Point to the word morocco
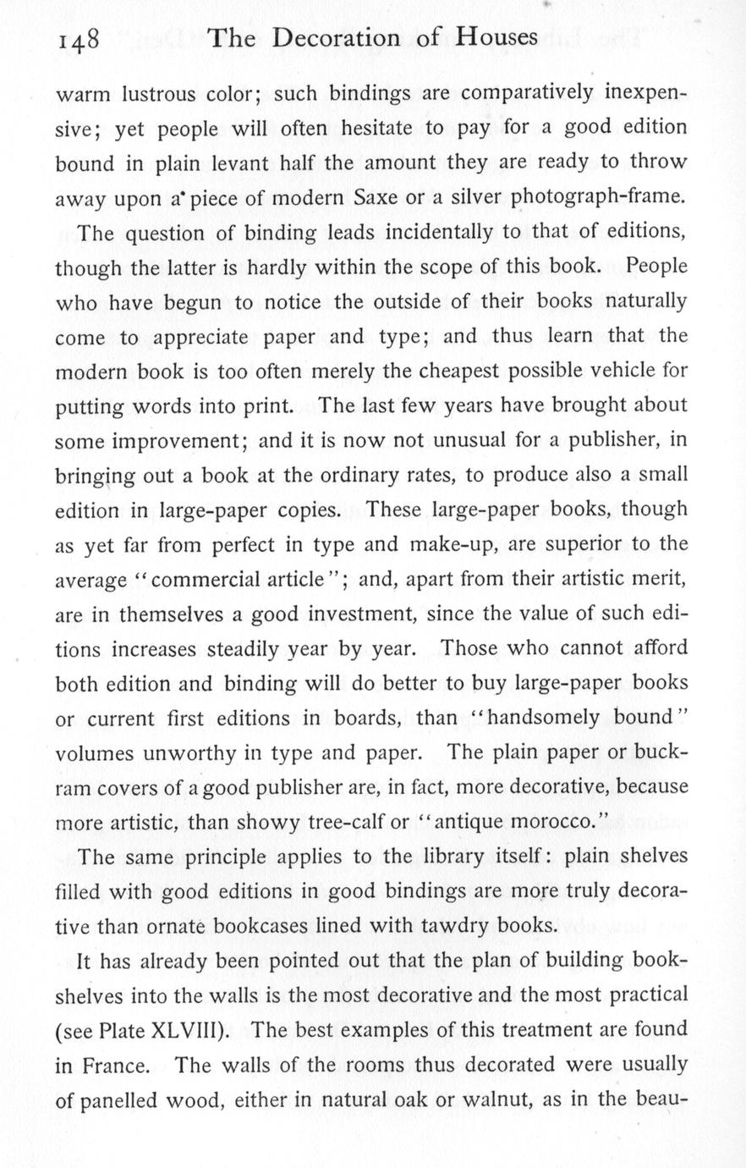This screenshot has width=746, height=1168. pyautogui.click(x=549, y=822)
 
